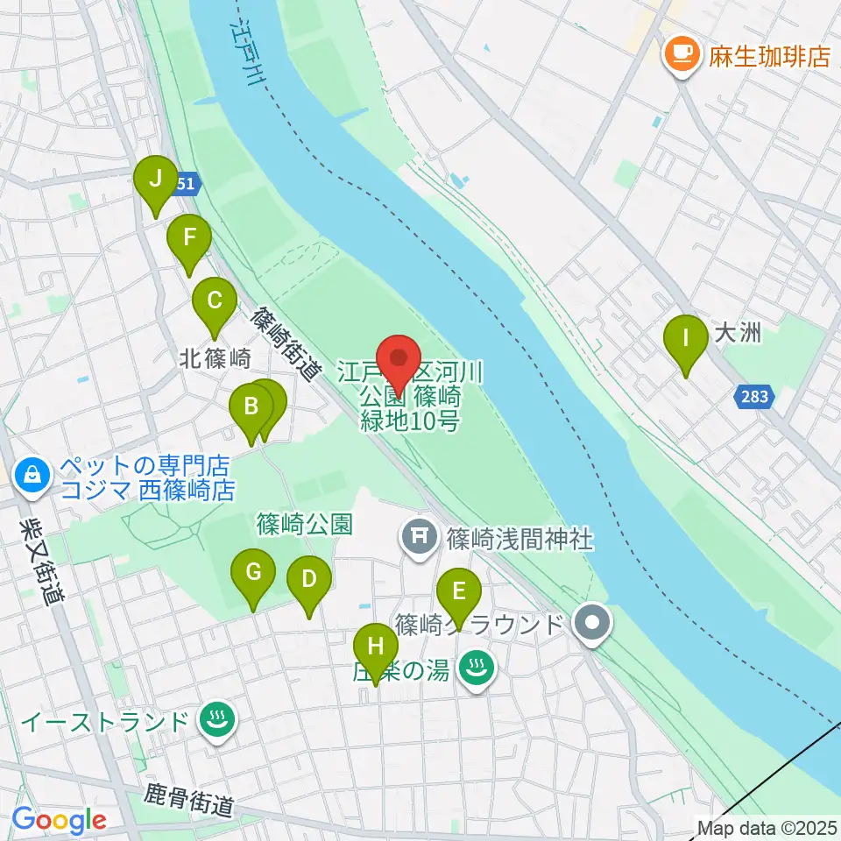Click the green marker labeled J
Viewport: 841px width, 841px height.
156,180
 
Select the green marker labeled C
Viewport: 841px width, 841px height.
214,302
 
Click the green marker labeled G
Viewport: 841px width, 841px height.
253,574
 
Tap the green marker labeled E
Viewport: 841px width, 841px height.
458,592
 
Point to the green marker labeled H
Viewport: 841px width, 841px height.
376,648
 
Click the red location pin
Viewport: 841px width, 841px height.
399,360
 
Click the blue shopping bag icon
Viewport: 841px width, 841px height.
32,475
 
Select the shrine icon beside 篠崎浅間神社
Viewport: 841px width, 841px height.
420,537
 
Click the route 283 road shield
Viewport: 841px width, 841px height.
753,397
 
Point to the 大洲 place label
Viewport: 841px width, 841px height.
736,334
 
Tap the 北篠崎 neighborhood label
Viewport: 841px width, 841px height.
216,358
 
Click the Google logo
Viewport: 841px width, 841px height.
59,819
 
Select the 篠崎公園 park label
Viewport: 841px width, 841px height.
304,525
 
